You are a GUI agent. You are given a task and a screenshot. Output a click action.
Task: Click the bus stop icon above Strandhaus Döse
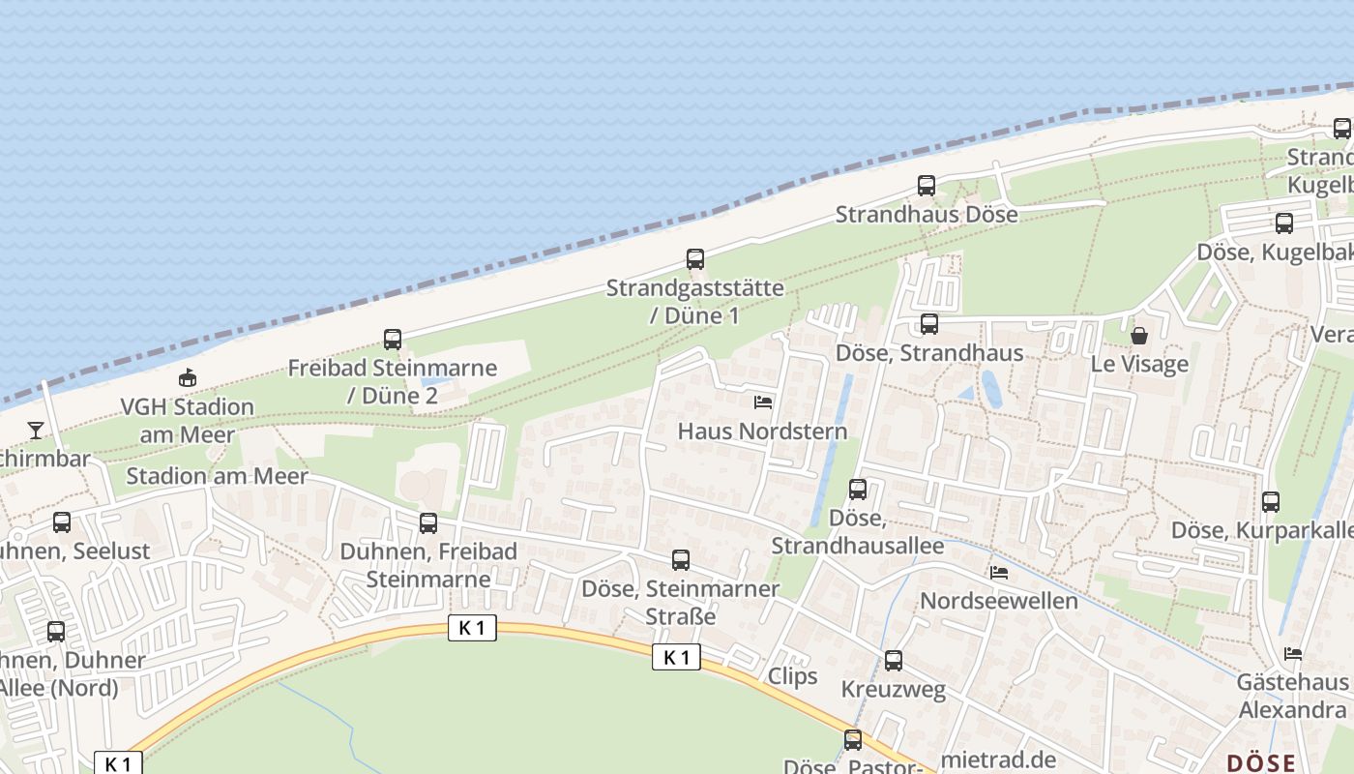coord(927,186)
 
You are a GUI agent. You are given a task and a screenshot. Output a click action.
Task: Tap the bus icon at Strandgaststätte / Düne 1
coord(695,259)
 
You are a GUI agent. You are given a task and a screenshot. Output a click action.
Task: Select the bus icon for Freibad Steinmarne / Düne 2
coord(393,340)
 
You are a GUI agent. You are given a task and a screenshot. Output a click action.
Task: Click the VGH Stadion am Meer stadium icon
coord(187,378)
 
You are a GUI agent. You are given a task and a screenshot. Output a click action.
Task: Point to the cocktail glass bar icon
coord(36,430)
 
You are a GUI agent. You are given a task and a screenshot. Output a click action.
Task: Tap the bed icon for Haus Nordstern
coord(763,402)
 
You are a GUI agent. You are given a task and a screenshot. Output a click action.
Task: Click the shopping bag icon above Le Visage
coord(1139,336)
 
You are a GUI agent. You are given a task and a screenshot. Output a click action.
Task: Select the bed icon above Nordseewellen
coord(999,573)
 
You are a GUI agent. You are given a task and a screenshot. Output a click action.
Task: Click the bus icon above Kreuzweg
coord(894,661)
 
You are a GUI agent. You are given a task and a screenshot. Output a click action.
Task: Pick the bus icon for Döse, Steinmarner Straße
coord(681,560)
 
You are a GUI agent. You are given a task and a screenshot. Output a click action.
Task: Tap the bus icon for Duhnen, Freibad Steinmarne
coord(428,523)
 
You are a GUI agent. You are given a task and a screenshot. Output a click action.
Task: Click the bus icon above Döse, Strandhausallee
coord(858,490)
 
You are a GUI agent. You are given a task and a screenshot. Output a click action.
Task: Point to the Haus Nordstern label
coord(762,432)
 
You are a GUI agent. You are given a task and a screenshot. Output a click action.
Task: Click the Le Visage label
coord(1139,365)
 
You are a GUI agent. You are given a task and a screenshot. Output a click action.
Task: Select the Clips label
coord(792,676)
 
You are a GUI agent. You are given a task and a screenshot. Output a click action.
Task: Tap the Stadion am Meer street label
coord(217,476)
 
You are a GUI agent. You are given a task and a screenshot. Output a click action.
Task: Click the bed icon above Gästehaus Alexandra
coord(1293,654)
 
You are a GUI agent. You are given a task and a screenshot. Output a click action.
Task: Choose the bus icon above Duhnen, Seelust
coord(62,522)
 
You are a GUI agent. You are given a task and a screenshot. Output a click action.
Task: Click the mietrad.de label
coord(998,759)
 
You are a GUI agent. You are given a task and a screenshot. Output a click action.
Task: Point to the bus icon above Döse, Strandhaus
coord(929,324)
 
